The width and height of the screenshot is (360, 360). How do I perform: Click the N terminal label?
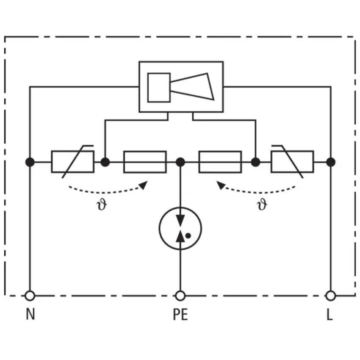pyautogui.click(x=30, y=314)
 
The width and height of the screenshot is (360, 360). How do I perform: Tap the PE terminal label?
pyautogui.click(x=180, y=314)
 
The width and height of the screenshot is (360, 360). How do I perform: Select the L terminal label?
pyautogui.click(x=330, y=314)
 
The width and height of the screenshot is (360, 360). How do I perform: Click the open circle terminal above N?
pyautogui.click(x=30, y=296)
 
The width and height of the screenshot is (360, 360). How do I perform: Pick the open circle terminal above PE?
pyautogui.click(x=180, y=296)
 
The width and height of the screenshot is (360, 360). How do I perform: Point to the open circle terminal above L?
pyautogui.click(x=331, y=296)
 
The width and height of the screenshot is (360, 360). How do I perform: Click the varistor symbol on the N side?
pyautogui.click(x=72, y=162)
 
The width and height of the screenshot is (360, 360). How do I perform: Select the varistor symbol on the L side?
pyautogui.click(x=292, y=162)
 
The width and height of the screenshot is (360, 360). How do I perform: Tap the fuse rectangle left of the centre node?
pyautogui.click(x=145, y=162)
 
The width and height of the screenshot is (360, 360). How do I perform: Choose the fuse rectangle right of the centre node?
pyautogui.click(x=220, y=162)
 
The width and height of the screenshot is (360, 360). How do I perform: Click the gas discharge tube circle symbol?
pyautogui.click(x=180, y=208)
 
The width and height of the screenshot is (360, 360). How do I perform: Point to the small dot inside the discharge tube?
pyautogui.click(x=188, y=235)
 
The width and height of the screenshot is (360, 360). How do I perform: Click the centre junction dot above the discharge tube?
pyautogui.click(x=180, y=162)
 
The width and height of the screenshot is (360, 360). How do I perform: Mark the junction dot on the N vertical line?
pyautogui.click(x=30, y=162)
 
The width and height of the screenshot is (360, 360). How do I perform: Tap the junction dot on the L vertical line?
pyautogui.click(x=331, y=162)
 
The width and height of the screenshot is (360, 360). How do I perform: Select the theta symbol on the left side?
pyautogui.click(x=102, y=204)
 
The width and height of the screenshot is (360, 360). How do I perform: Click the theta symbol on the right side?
pyautogui.click(x=262, y=204)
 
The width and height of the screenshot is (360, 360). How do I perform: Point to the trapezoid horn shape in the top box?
pyautogui.click(x=192, y=86)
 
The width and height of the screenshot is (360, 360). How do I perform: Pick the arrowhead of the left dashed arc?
pyautogui.click(x=143, y=185)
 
